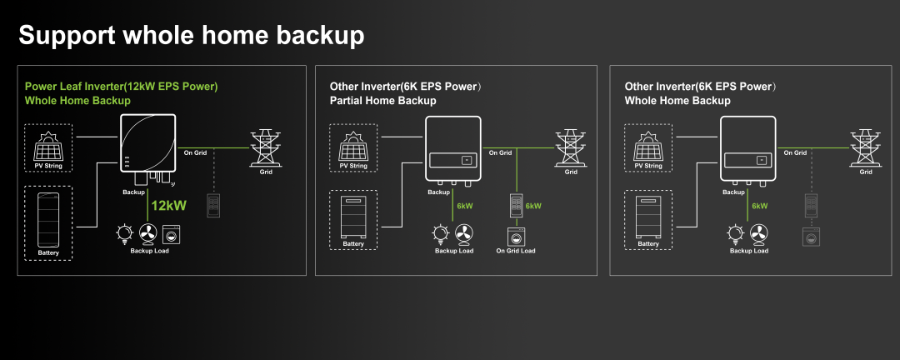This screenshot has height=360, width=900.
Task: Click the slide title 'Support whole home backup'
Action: coord(191,35)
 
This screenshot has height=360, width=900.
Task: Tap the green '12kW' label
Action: coord(168,205)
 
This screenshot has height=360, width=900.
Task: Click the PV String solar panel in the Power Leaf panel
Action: coord(49,147)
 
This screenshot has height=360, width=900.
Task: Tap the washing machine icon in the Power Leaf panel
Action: coord(172,233)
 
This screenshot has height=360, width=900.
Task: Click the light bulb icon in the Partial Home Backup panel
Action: coord(438,233)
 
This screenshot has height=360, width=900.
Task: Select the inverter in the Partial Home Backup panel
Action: coord(453,148)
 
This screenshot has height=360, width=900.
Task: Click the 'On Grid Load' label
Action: coord(516,251)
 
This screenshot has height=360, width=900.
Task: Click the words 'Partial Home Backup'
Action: coord(382,101)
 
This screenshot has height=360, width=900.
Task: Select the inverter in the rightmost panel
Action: coord(748,148)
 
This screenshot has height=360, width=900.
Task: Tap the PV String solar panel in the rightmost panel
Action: coord(648,147)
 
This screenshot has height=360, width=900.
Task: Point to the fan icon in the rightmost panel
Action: coord(758,233)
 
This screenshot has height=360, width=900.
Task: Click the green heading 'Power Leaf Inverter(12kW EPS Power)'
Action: coord(122,86)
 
